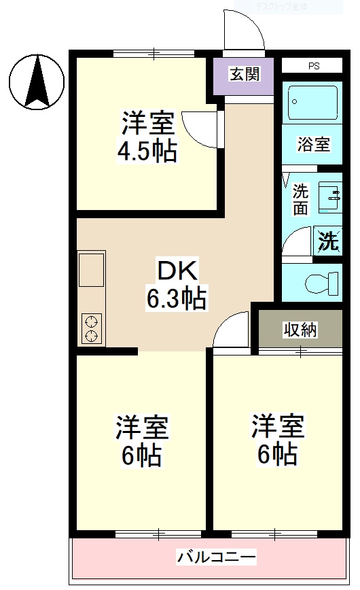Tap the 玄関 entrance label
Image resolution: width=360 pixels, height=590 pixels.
244,74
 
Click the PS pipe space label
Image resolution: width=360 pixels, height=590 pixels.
313,67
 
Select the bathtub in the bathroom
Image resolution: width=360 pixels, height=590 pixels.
312,103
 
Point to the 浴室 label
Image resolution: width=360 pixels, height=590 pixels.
314,144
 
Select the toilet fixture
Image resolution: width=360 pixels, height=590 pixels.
321,281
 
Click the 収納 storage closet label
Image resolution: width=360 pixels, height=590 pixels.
300,330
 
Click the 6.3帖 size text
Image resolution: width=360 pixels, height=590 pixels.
177,298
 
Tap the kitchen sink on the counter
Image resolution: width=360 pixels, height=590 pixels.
91,270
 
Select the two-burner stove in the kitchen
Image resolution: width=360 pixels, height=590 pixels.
91,328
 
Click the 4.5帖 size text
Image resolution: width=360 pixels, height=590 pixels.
147,150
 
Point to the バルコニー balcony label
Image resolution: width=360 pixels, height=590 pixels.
217,557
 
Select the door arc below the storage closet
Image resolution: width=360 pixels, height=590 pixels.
232,330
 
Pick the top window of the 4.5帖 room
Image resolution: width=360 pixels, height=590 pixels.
154,53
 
